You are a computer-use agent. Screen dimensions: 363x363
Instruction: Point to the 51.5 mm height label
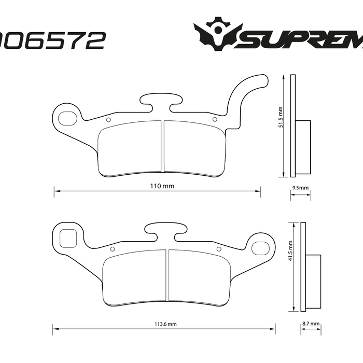pos(281,118)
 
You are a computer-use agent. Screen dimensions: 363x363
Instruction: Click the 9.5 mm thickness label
pos(300,188)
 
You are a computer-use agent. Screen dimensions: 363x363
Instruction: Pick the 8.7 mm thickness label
pos(310,324)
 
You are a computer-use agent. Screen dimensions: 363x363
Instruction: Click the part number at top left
pos(52,40)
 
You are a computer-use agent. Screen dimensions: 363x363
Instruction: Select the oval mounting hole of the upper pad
pos(67,118)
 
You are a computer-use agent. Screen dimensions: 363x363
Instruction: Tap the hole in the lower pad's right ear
pos(258,248)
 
